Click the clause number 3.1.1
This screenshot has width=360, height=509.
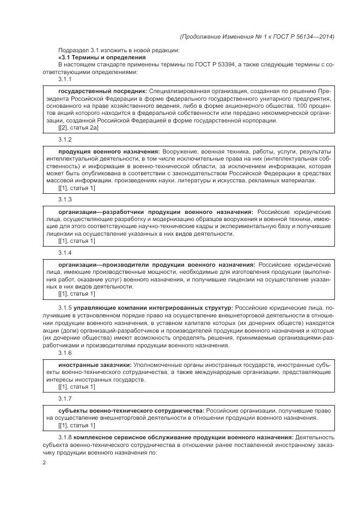[x=65, y=79]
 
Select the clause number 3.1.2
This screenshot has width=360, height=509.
[x=65, y=140]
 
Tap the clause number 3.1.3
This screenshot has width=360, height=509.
[x=65, y=200]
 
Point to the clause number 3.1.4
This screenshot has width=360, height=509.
[x=65, y=253]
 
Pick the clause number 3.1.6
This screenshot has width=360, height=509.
[x=65, y=352]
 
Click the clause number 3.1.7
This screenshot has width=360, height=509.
[x=65, y=398]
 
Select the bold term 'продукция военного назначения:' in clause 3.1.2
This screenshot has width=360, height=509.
[x=109, y=151]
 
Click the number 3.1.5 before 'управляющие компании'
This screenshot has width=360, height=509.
[x=65, y=308]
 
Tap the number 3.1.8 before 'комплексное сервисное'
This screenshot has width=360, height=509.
[x=65, y=438]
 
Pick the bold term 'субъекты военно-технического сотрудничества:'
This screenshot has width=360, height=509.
[x=131, y=409]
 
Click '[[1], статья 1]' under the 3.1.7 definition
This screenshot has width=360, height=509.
[x=76, y=425]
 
